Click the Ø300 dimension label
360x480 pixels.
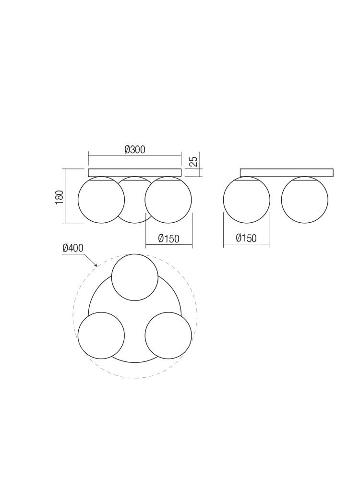tap(135, 150)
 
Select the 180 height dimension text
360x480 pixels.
tap(59, 197)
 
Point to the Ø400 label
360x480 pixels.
tap(73, 248)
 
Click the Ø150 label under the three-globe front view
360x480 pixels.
tap(168, 239)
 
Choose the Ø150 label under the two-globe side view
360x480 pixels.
tap(246, 238)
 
